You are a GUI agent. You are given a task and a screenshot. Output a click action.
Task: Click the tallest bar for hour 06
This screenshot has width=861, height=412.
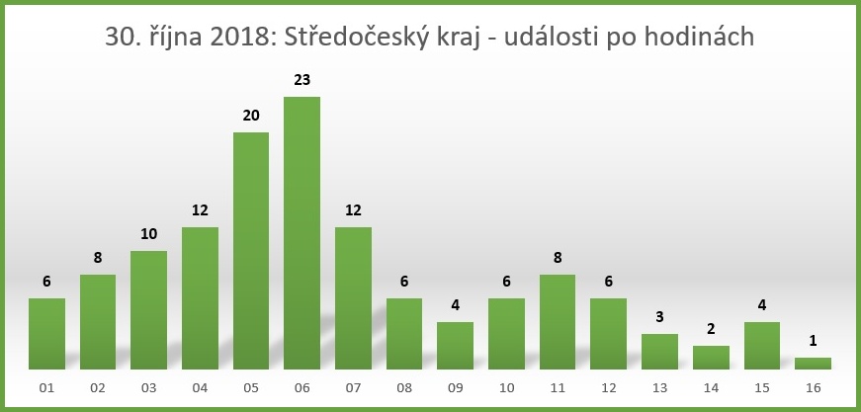click(x=301, y=233)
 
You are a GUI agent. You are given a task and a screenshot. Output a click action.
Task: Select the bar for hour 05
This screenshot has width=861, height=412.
click(x=251, y=251)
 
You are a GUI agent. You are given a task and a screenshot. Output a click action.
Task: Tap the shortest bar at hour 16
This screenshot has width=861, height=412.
click(x=813, y=364)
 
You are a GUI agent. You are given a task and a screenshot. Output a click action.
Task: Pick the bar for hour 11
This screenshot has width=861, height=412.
click(x=558, y=322)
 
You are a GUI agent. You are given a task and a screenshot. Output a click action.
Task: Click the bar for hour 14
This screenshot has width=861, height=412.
click(x=711, y=358)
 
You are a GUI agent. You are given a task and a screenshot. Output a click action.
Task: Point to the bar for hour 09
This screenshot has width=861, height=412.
click(x=455, y=346)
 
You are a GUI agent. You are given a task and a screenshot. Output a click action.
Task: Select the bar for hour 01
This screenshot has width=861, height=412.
click(x=46, y=334)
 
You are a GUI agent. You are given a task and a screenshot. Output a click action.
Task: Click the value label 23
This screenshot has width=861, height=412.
click(x=301, y=79)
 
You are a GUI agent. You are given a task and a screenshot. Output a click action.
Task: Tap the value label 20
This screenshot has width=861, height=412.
click(x=251, y=115)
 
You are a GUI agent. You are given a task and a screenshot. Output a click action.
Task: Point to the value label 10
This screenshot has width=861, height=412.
click(x=149, y=233)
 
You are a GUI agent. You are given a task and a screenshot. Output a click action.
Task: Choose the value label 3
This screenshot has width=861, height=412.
click(x=659, y=316)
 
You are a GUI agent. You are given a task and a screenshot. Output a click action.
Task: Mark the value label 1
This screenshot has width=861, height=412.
click(x=813, y=340)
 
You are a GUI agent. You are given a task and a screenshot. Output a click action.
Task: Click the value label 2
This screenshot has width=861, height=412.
click(x=711, y=328)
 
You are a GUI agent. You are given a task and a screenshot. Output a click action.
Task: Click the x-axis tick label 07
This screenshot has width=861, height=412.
click(x=353, y=388)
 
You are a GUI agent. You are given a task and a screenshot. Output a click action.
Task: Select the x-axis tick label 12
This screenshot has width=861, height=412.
click(x=608, y=388)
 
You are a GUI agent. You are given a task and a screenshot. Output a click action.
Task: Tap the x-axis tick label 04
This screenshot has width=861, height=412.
click(x=200, y=388)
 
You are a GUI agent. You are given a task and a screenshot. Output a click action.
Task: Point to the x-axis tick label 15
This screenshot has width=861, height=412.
click(x=761, y=388)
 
